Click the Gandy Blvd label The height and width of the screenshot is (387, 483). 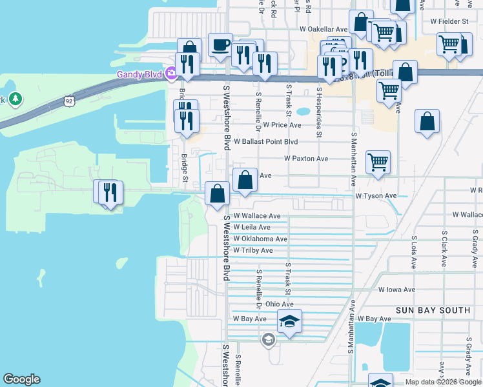[138, 74]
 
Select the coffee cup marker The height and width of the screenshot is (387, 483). [221, 46]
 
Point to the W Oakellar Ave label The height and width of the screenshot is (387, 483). [323, 29]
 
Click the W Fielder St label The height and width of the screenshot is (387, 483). [449, 21]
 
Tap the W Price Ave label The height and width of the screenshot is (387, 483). [282, 124]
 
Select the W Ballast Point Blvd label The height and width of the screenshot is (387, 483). [265, 141]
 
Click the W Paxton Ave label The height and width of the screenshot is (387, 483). [306, 158]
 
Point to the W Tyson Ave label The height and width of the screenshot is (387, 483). [376, 195]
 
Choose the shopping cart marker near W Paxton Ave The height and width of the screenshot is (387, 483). [378, 163]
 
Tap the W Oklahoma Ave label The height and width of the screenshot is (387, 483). [260, 239]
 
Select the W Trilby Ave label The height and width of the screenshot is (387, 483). [253, 250]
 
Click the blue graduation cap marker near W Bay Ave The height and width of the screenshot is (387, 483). [290, 322]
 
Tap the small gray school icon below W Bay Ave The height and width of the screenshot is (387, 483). [269, 339]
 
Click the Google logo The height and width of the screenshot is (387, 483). [21, 379]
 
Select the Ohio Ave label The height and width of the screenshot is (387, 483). [279, 304]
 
